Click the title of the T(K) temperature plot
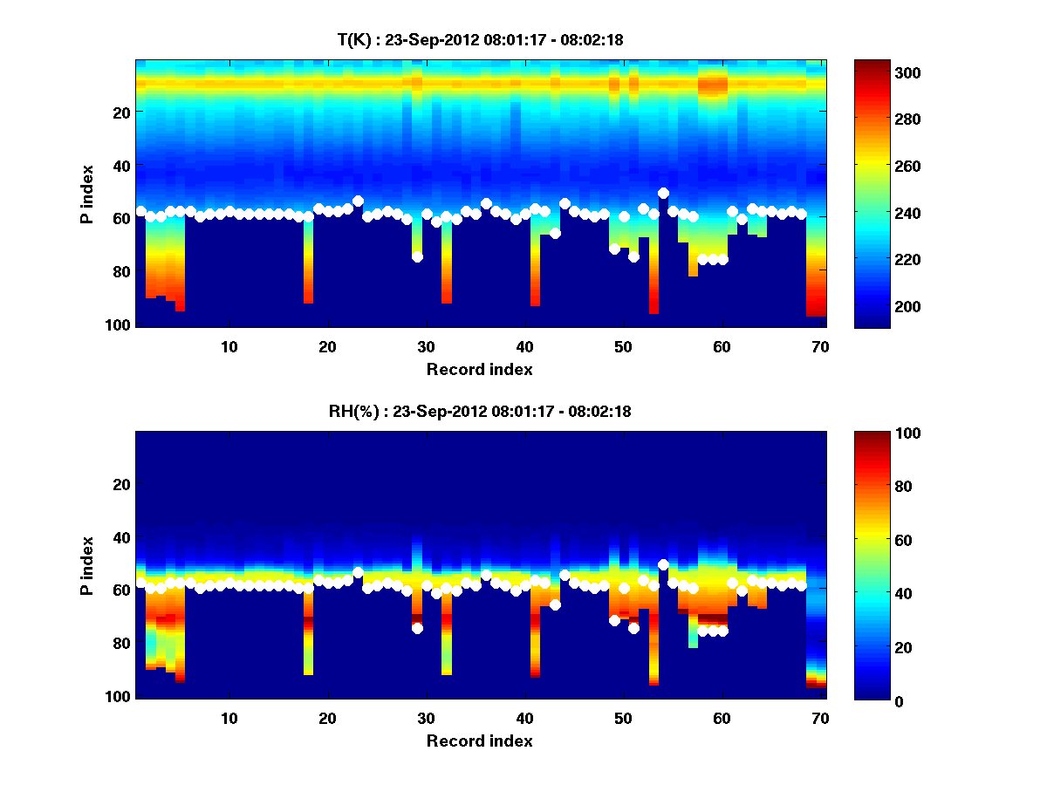tap(480, 39)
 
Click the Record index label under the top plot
tap(479, 369)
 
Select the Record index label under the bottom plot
tap(479, 741)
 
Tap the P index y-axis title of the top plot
tap(87, 194)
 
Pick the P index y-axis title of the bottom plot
tap(87, 565)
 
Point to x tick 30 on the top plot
tap(426, 346)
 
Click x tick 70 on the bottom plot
tap(820, 718)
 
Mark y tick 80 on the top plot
tap(120, 271)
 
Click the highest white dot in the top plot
tap(663, 193)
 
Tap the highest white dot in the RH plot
tap(663, 564)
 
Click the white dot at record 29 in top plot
tap(417, 256)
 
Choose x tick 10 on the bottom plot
tap(229, 718)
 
